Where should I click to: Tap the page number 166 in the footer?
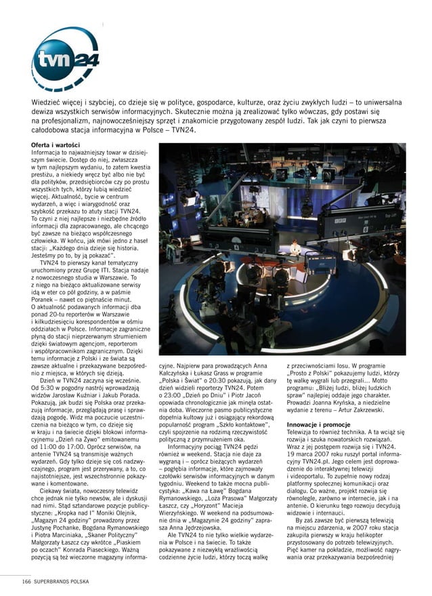(x=25, y=581)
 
